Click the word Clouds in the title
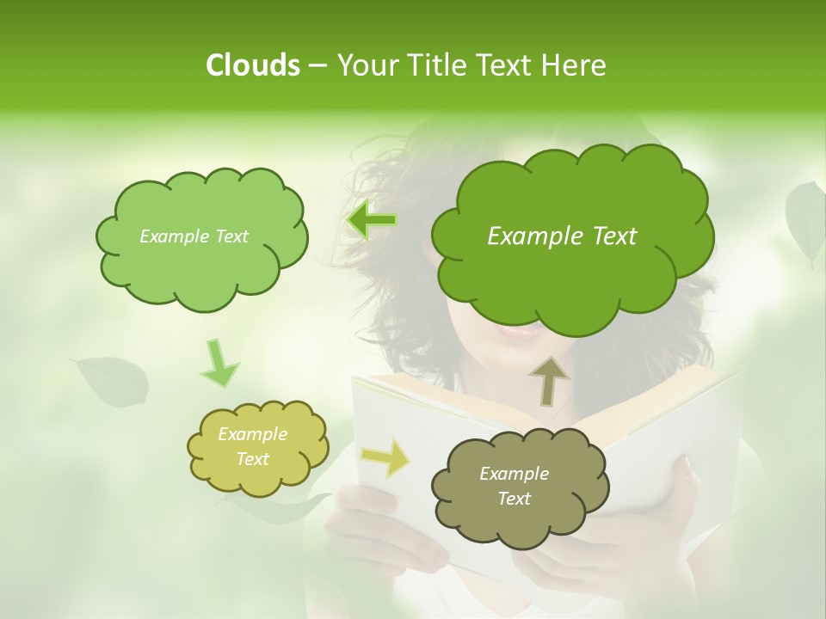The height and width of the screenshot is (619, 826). [252, 65]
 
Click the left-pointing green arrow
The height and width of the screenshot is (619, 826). [372, 220]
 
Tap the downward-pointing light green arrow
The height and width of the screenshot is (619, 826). [219, 364]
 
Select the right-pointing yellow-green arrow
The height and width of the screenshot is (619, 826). [386, 457]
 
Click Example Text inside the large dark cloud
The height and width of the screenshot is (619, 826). [562, 236]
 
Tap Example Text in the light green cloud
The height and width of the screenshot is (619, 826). [194, 236]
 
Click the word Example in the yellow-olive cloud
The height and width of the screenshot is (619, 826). [252, 434]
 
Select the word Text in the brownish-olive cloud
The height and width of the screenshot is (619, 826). [514, 499]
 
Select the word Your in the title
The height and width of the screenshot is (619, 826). [365, 65]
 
